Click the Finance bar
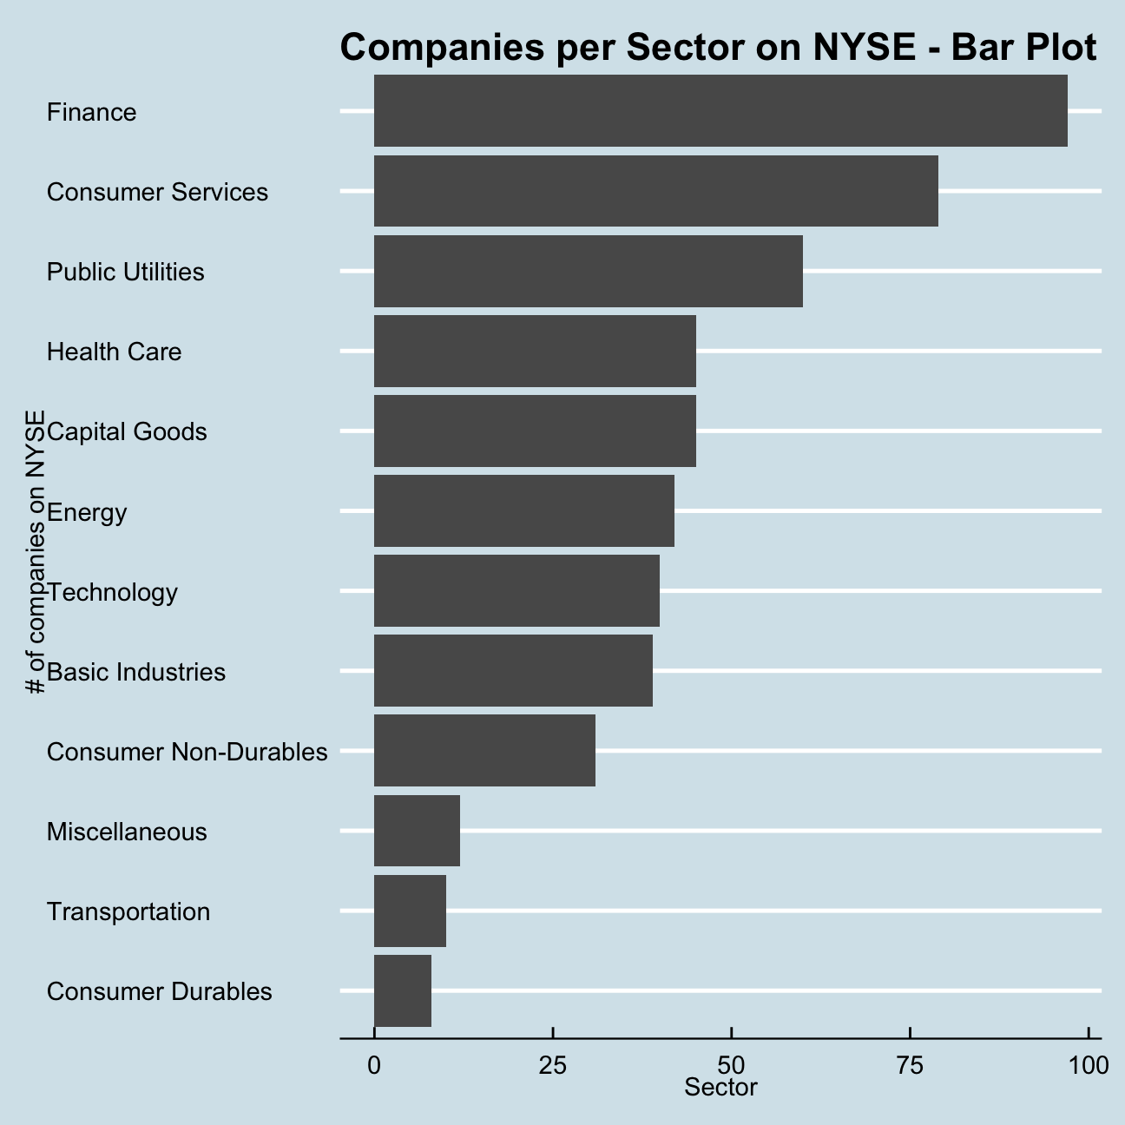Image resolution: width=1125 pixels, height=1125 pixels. pyautogui.click(x=720, y=111)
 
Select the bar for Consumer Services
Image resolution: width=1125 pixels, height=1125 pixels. pyautogui.click(x=655, y=191)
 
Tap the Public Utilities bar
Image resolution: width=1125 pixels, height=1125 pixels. pyautogui.click(x=588, y=271)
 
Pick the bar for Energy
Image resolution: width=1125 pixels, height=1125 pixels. pyautogui.click(x=523, y=510)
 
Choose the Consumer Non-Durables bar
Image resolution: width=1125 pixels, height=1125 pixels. pyautogui.click(x=484, y=750)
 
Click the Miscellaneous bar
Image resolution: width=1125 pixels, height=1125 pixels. pyautogui.click(x=417, y=831)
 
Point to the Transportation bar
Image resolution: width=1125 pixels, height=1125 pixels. pyautogui.click(x=410, y=911)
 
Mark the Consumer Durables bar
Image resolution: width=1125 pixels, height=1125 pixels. pyautogui.click(x=403, y=990)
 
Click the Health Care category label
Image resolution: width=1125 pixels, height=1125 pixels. pyautogui.click(x=114, y=352)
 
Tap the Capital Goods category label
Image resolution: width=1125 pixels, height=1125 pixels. pyautogui.click(x=127, y=431)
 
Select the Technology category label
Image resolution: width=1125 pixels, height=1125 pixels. pyautogui.click(x=112, y=592)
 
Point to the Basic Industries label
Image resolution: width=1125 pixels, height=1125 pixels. pyautogui.click(x=136, y=672)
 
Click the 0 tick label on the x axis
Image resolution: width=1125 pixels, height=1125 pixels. pyautogui.click(x=374, y=1065)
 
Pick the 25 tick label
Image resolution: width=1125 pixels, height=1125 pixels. pyautogui.click(x=553, y=1065)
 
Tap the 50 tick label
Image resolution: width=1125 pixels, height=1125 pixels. pyautogui.click(x=732, y=1065)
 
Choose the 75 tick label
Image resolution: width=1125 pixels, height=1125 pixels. pyautogui.click(x=911, y=1065)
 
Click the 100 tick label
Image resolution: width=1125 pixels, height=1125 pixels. pyautogui.click(x=1089, y=1065)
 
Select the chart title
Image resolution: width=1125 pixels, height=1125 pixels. pyautogui.click(x=719, y=48)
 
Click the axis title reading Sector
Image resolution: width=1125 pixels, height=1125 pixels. pyautogui.click(x=720, y=1088)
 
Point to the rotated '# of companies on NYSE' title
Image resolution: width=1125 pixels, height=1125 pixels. pyautogui.click(x=36, y=552)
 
